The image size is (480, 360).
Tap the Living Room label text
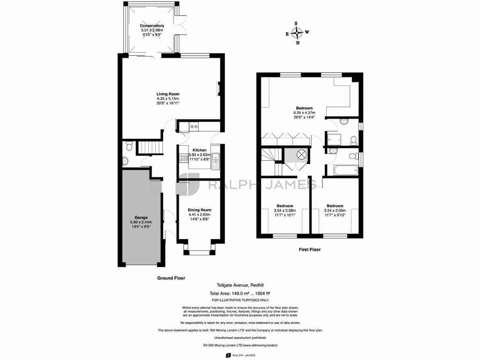tap(168, 94)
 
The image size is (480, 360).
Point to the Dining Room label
tap(199, 210)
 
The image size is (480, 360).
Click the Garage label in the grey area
tap(141, 217)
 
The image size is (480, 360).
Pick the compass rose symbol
tap(296, 33)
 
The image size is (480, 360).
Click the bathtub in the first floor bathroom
tap(345, 169)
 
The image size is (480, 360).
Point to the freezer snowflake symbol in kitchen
tap(194, 127)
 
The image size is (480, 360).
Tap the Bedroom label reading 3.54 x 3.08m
tap(285, 206)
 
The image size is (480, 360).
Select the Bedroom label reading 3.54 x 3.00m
tap(335, 206)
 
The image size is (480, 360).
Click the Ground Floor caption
tap(171, 278)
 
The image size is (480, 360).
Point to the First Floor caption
tap(310, 250)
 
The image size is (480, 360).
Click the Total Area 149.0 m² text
tap(240, 293)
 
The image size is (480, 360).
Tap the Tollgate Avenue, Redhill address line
tap(240, 285)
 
